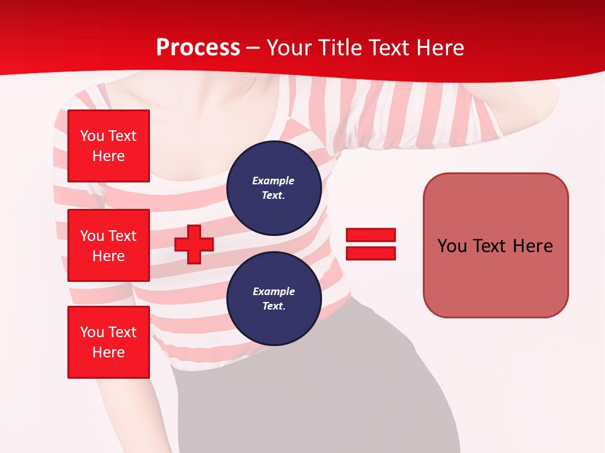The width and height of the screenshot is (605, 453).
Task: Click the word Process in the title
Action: [x=198, y=48]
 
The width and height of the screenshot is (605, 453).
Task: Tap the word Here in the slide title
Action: [x=439, y=48]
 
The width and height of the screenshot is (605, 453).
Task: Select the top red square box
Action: [x=108, y=146]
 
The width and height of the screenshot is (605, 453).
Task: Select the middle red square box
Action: [x=108, y=245]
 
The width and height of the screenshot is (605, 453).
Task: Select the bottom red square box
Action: [x=108, y=342]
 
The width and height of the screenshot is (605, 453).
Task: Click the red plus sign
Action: [x=194, y=244]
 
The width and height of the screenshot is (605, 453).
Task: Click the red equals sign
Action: [x=371, y=244]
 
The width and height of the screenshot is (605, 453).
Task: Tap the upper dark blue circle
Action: [x=274, y=188]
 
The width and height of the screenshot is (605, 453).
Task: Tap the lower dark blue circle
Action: [x=274, y=299]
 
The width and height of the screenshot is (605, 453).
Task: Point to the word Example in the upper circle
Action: [x=274, y=181]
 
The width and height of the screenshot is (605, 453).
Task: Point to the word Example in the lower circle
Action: [x=274, y=291]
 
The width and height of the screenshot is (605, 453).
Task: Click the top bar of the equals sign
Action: [x=371, y=235]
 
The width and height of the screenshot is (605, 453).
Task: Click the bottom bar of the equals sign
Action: [x=371, y=254]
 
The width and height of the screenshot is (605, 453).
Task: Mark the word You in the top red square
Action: [x=92, y=136]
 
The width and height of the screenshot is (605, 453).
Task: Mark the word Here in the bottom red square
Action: [x=108, y=352]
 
